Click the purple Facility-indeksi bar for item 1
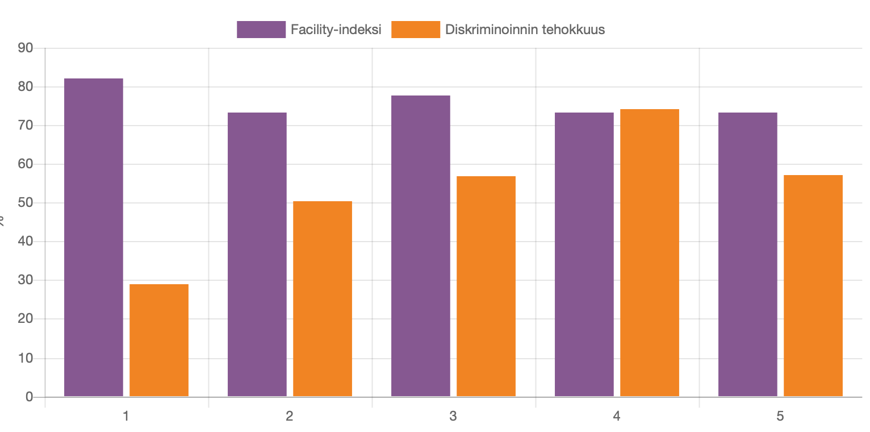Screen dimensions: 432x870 coord(94,237)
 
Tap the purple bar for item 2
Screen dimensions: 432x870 coord(257,254)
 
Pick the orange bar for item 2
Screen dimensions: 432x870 coord(323,298)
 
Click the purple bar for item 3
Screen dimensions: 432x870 coord(421,246)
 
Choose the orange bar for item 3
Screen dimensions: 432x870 coord(486,286)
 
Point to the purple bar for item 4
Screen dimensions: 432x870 coord(584,254)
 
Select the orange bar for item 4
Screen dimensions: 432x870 coord(650,252)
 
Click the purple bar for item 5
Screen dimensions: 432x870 coord(748,254)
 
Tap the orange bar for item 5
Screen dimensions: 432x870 coord(813,285)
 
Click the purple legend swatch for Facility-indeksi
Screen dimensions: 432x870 coord(261,30)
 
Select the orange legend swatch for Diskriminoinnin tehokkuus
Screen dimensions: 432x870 coord(416,30)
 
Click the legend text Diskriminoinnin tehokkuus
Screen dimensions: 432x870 coord(525,30)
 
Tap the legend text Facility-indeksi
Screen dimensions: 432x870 coord(336,30)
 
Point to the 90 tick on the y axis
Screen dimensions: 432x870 coord(26,48)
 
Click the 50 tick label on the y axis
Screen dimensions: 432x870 coord(26,203)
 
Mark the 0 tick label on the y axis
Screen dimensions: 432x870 coord(29,397)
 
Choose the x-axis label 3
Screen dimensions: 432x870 coord(453,416)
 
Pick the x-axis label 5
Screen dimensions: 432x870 coord(780,416)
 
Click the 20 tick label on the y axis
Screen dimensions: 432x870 coord(26,319)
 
